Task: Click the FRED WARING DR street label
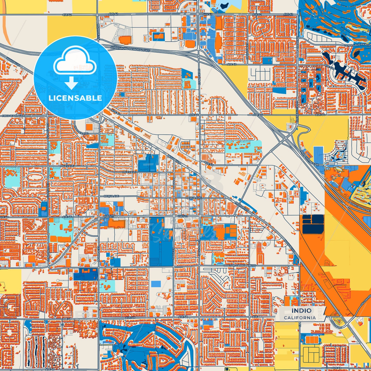(x=13, y=116)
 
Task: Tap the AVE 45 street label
(x=209, y=163)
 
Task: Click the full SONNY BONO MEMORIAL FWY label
(x=130, y=49)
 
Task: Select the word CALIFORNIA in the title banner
(x=300, y=318)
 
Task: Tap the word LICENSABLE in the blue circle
(x=75, y=98)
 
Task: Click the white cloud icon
(x=75, y=63)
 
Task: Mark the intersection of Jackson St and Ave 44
(x=199, y=115)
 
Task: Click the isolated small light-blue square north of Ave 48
(x=156, y=284)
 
